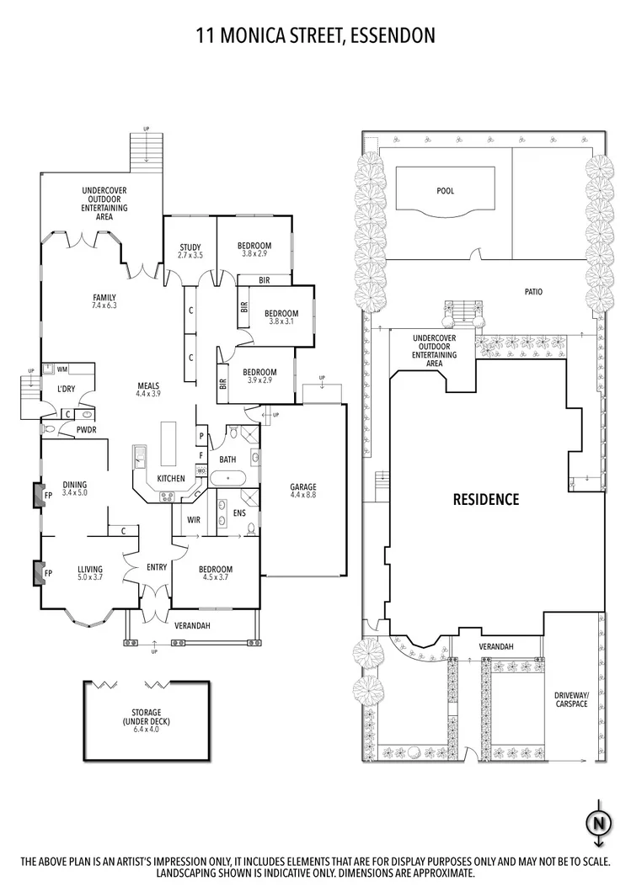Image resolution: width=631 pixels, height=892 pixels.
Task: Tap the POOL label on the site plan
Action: pos(445,191)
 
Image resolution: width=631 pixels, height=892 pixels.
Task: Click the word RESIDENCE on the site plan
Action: pos(486,499)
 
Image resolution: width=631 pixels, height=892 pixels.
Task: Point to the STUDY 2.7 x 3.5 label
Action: pos(190,251)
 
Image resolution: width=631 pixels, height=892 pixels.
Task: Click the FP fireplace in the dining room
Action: pos(38,495)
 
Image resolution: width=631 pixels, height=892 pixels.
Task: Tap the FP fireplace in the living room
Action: pos(38,574)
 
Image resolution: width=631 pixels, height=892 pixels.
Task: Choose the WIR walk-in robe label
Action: pos(192,519)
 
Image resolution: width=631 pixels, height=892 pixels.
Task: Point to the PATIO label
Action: pos(532,292)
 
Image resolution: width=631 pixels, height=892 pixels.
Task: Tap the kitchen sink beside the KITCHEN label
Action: pos(140,459)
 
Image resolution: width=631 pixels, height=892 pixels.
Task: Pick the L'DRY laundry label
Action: pos(67,389)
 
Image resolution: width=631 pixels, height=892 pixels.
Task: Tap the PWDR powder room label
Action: pos(85,429)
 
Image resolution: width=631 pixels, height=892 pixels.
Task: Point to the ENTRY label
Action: pos(157,567)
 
